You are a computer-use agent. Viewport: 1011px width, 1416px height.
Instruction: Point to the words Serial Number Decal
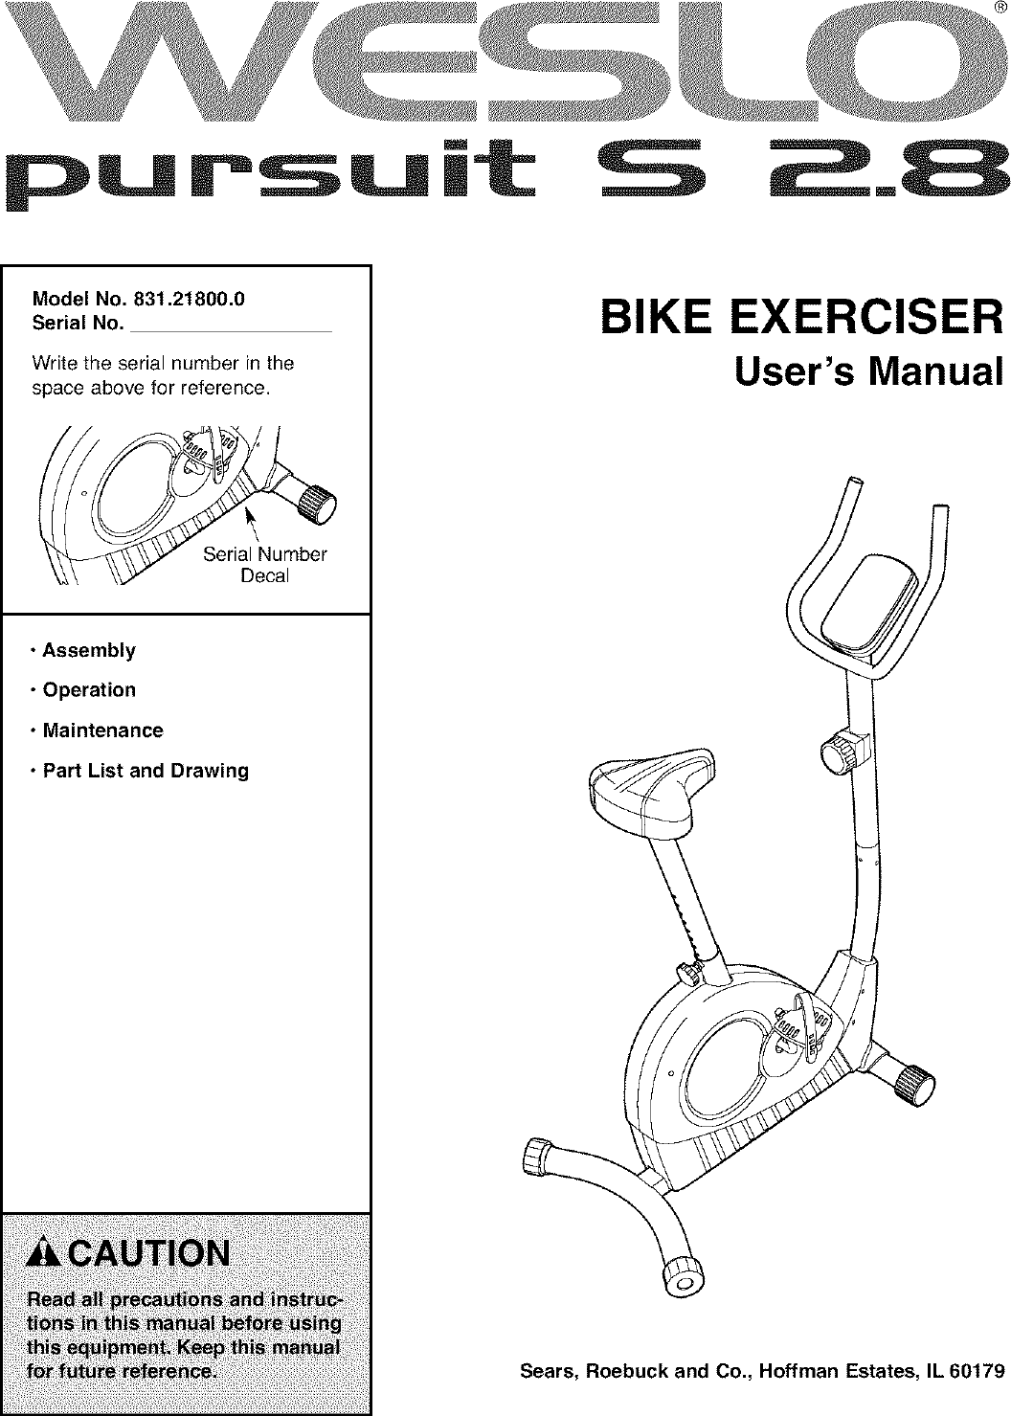265,565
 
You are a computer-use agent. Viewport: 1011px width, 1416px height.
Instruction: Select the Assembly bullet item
89,651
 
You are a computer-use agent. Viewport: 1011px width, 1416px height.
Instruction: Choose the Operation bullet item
89,690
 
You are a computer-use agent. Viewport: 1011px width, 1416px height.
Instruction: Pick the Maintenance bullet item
102,730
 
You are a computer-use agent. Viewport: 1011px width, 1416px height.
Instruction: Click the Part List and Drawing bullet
146,771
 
